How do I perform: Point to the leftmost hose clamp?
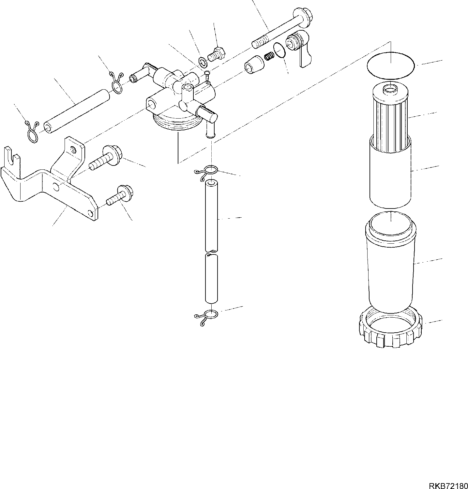point(32,131)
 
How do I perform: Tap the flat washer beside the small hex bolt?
point(202,61)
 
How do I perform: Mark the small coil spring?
point(269,56)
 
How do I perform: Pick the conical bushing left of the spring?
point(253,65)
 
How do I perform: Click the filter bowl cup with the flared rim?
point(390,261)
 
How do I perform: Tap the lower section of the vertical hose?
point(211,279)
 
